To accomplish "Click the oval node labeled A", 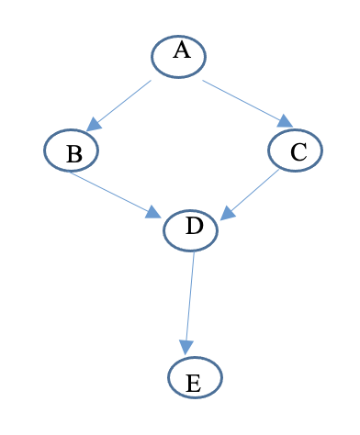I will [179, 57].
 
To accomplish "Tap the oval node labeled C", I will [296, 150].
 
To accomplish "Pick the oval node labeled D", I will [191, 229].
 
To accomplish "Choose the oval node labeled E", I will [195, 377].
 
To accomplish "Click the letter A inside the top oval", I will [181, 51].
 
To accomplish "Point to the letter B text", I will [73, 155].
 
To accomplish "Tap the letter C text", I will [298, 152].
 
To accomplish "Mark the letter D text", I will [194, 226].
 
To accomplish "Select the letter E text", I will [194, 383].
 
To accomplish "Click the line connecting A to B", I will [122, 103].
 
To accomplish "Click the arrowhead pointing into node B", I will [94, 124].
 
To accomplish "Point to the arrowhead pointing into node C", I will [285, 121].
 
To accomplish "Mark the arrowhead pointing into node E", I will [186, 347].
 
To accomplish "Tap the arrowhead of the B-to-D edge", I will [153, 212].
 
